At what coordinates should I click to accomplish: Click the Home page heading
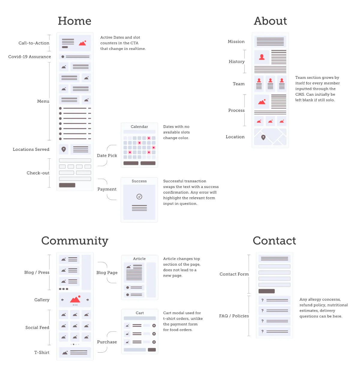coord(74,21)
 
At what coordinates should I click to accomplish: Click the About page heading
coord(270,21)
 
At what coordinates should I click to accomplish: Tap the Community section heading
coord(75,241)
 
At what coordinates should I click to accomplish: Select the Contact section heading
coord(274,240)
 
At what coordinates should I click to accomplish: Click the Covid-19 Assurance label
coord(29,57)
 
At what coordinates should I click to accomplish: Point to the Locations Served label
coord(31,149)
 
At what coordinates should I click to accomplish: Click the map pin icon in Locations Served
coord(64,149)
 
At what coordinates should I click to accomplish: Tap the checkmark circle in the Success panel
coord(139,196)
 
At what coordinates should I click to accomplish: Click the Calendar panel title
coord(139,127)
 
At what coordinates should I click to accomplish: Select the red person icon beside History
coord(262,57)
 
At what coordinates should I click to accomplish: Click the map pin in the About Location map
coord(263,137)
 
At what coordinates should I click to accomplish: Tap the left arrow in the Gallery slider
coord(62,300)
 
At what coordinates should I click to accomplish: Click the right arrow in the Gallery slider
coord(88,300)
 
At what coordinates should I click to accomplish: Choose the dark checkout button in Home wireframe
coord(67,185)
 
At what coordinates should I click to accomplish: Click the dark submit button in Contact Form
coord(266,291)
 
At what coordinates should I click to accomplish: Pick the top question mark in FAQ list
coord(262,300)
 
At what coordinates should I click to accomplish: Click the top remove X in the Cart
coord(154,325)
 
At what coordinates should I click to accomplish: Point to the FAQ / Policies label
coord(234,316)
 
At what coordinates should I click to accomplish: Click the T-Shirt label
coord(42,352)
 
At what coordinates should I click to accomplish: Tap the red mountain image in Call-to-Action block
coord(82,43)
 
